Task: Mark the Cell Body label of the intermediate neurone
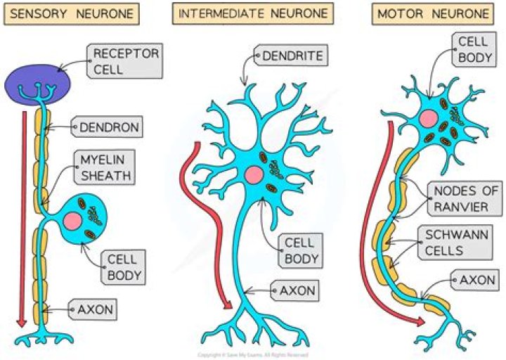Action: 301,251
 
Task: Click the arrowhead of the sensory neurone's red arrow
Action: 21,321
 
